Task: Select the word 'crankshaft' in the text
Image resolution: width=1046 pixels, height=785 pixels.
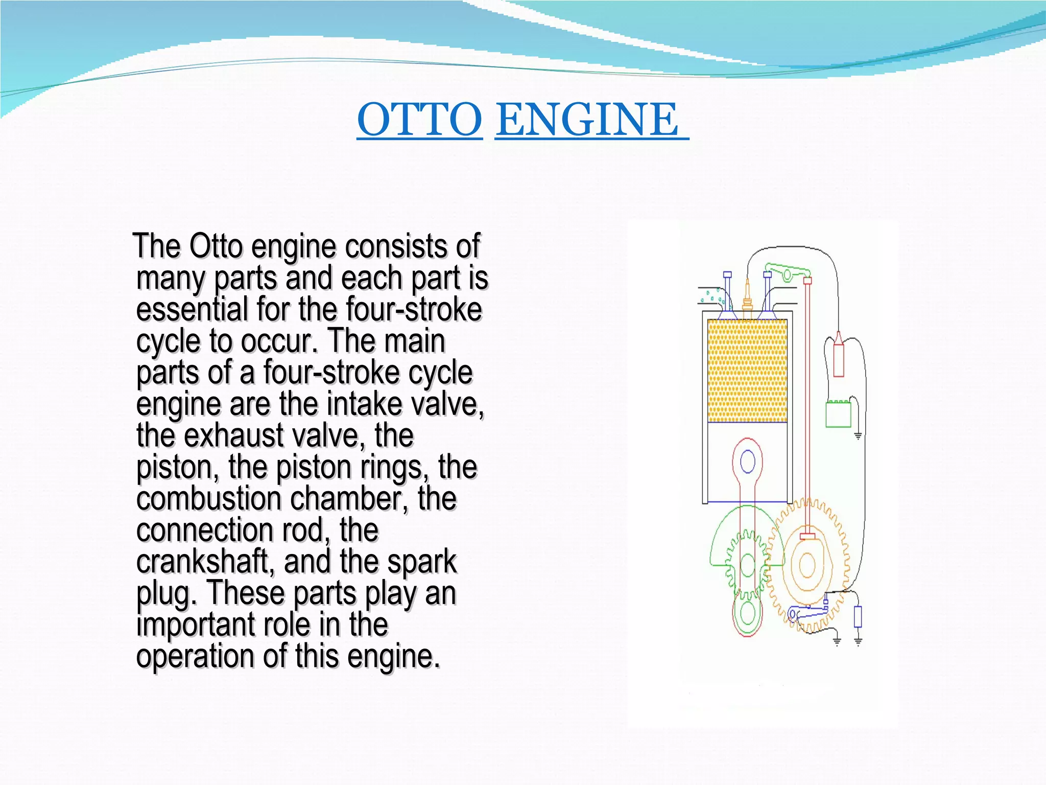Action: tap(202, 562)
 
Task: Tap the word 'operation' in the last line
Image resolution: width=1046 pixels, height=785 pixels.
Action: tap(195, 656)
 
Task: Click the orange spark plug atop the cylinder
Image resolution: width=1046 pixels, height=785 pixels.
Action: tap(748, 296)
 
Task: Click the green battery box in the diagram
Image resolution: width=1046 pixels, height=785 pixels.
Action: tap(838, 414)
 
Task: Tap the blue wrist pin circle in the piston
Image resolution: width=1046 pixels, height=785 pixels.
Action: tap(748, 463)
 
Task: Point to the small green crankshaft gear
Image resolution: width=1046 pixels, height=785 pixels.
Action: tap(748, 565)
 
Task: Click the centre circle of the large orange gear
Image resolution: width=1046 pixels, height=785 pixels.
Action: tap(807, 565)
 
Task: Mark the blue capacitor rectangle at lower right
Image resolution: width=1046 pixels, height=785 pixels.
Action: tap(858, 616)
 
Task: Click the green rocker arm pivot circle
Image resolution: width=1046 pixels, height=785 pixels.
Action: tap(788, 275)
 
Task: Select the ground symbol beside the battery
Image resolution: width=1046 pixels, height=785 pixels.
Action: tap(858, 436)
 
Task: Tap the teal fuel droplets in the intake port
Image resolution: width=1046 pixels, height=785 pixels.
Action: tap(712, 296)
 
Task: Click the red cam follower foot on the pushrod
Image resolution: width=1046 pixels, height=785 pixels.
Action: tap(807, 536)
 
